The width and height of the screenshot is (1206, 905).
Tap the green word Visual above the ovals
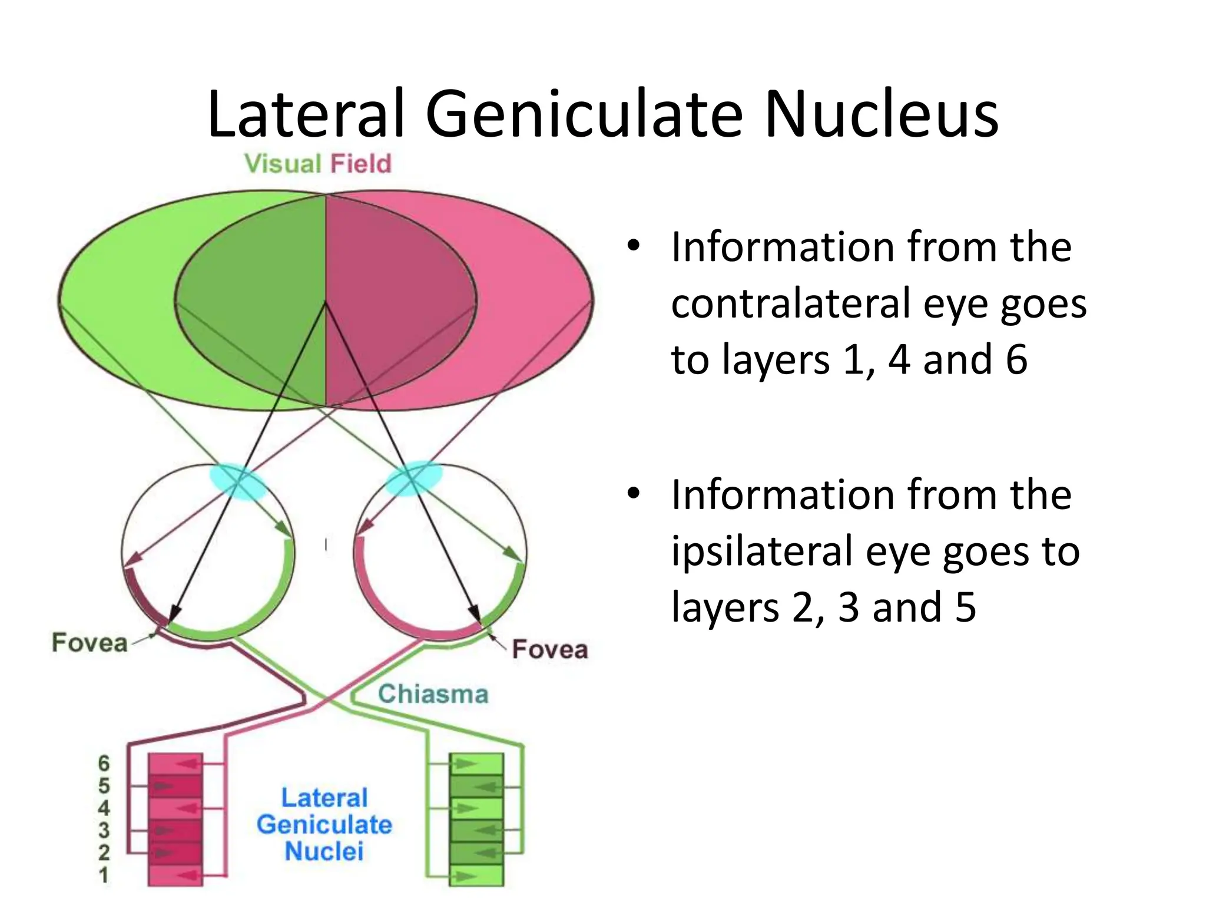[x=282, y=164]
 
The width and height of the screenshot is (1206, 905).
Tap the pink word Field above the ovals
[x=360, y=164]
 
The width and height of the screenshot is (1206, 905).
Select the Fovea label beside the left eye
[x=90, y=643]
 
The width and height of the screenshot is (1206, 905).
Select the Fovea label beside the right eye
[x=549, y=649]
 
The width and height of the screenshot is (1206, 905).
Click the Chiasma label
[x=433, y=694]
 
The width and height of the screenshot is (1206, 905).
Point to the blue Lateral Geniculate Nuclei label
[x=324, y=825]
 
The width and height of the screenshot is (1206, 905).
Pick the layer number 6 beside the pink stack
[x=104, y=764]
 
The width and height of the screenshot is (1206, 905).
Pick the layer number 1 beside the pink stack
[x=104, y=876]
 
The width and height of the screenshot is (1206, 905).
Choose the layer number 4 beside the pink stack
[x=104, y=808]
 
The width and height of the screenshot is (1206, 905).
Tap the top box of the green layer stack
[x=476, y=764]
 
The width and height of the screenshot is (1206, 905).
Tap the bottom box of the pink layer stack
[x=175, y=876]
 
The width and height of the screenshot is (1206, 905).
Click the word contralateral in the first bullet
[x=791, y=303]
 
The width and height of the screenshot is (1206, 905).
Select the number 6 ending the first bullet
[x=1016, y=359]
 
